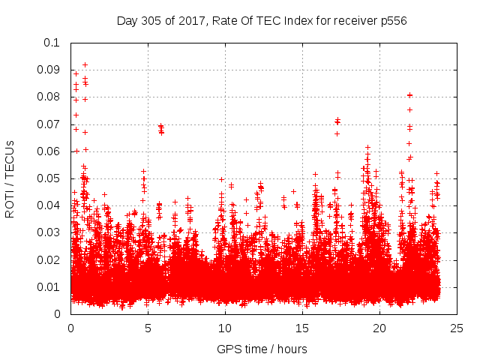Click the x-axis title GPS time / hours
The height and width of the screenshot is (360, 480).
262,349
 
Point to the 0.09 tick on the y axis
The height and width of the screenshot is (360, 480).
51,70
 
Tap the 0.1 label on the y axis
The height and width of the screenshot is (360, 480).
55,43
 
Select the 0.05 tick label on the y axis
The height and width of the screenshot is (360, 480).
51,178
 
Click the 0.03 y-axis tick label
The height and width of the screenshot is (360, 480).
51,232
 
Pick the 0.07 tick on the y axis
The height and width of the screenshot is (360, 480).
51,124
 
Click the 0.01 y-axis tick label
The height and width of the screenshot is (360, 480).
51,286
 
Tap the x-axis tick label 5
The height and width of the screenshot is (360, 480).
148,328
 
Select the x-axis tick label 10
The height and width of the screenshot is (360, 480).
225,328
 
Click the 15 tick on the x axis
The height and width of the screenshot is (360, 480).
302,328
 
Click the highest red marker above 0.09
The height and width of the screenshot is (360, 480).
85,64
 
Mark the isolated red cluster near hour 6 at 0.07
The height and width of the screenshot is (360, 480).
161,128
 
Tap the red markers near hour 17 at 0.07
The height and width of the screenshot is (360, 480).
337,121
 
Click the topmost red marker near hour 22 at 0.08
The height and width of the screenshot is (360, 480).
409,95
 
